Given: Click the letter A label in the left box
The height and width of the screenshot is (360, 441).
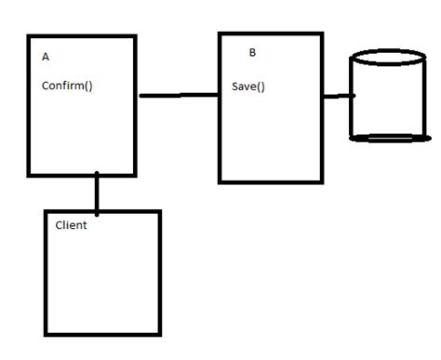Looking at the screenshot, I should [x=46, y=57].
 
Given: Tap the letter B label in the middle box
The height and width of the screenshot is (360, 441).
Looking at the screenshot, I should [x=252, y=53].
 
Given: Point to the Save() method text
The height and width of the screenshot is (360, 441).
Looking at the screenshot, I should [x=248, y=87].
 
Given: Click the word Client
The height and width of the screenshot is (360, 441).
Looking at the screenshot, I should [x=72, y=225].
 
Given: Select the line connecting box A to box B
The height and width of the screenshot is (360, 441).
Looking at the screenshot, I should [x=178, y=95].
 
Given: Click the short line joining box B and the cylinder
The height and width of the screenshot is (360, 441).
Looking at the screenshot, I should [x=339, y=95].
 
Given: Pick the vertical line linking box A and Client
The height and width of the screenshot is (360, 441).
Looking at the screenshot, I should [x=97, y=193].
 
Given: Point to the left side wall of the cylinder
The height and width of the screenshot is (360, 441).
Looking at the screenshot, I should [x=351, y=98].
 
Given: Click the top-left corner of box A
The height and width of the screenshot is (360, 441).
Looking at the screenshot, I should [x=29, y=37].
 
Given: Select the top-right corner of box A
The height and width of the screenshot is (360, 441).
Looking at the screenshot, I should [x=136, y=37].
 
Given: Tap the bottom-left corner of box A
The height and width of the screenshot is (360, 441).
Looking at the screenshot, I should [x=29, y=174].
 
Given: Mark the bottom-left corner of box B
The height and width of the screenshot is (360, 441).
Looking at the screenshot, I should [x=220, y=181].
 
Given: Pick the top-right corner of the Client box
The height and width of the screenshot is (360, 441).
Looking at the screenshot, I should [x=160, y=212].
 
